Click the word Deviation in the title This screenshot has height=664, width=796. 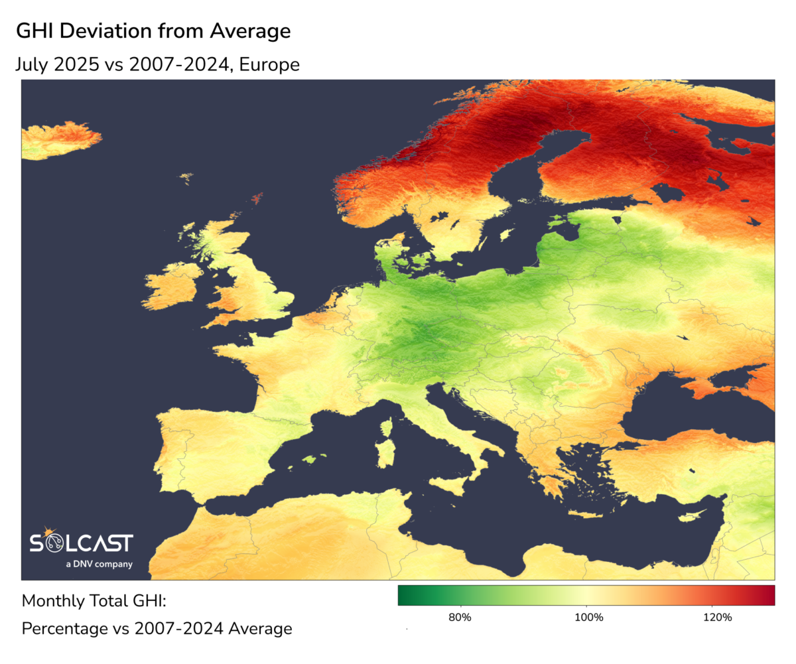pyautogui.click(x=115, y=31)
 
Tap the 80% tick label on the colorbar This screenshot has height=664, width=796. pyautogui.click(x=460, y=618)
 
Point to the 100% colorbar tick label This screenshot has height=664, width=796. pyautogui.click(x=588, y=618)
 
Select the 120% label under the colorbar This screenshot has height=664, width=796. pyautogui.click(x=717, y=618)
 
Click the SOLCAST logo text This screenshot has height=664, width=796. pyautogui.click(x=82, y=543)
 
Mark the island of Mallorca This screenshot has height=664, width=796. pyautogui.click(x=310, y=459)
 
